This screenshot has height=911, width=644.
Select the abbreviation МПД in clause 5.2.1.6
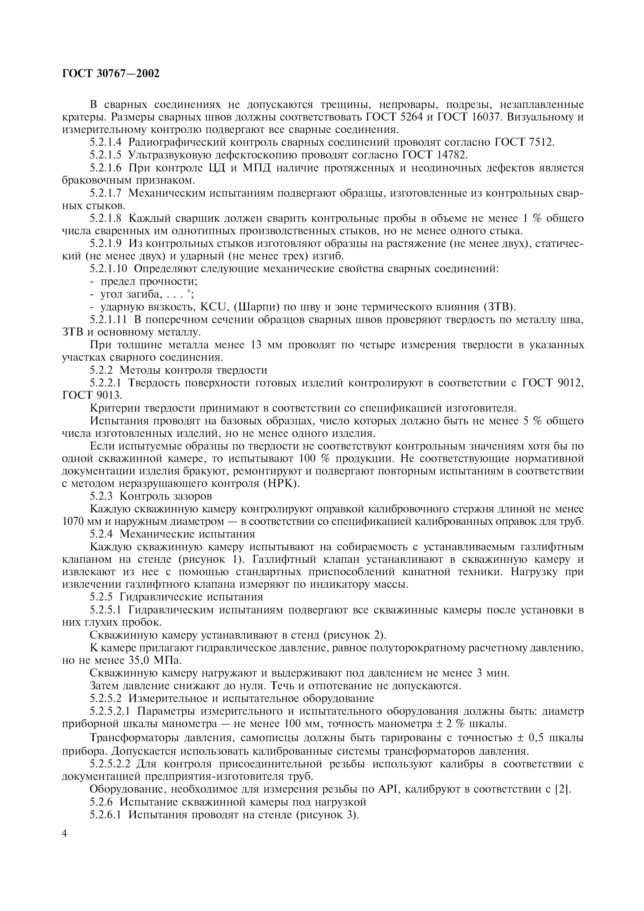click(x=256, y=168)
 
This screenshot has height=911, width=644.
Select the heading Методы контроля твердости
click(x=193, y=370)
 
